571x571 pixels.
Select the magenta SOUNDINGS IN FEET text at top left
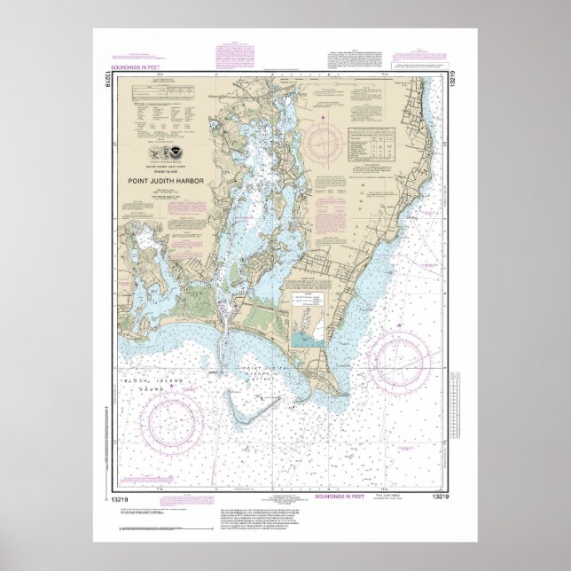pyautogui.click(x=136, y=66)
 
